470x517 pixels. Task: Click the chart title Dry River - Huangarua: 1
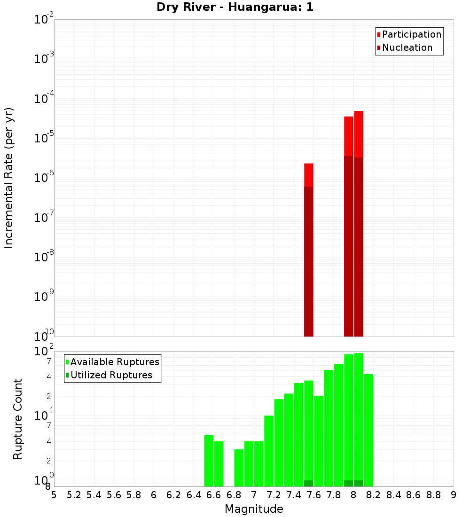coord(235,7)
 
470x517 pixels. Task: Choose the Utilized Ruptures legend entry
coord(111,375)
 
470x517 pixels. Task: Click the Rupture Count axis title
coord(18,419)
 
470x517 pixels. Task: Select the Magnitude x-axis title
coord(254,509)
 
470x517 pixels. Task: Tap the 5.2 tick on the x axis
coord(74,495)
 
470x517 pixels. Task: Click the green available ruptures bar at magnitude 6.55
coord(209,461)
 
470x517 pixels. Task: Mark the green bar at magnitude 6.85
coord(239,468)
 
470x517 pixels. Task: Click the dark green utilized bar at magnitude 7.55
coord(309,483)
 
